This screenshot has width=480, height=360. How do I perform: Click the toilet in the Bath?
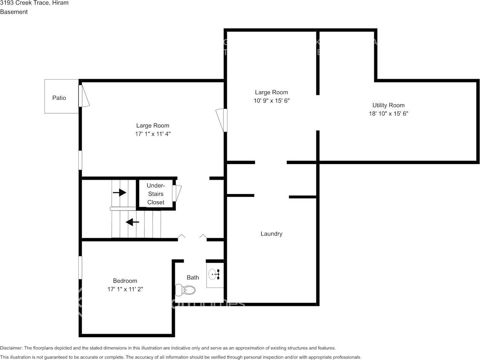(186, 290)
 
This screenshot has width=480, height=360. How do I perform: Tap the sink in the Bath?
(214, 274)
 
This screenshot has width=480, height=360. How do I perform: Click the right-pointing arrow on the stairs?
(119, 193)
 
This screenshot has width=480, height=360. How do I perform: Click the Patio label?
(59, 98)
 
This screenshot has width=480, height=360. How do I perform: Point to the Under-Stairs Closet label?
(156, 194)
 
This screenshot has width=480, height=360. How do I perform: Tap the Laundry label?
(271, 234)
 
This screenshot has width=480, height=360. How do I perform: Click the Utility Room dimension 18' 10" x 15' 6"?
(388, 113)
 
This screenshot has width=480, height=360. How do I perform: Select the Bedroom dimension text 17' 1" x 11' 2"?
(125, 289)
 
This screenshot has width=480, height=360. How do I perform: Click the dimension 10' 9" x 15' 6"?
(271, 100)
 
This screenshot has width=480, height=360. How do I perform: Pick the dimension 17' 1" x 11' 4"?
(153, 134)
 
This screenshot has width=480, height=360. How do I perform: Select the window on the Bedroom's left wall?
(80, 267)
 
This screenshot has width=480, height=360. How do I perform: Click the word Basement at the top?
(14, 12)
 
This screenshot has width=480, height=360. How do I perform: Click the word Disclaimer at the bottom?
(11, 348)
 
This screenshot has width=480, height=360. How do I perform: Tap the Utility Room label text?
(388, 105)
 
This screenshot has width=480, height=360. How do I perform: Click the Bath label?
(192, 277)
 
